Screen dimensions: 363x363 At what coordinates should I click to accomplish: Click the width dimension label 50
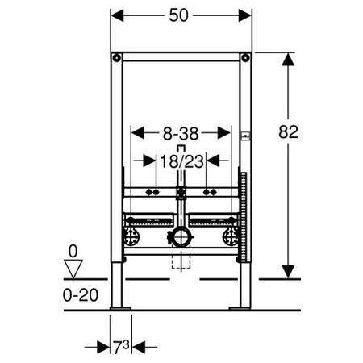pyautogui.click(x=178, y=15)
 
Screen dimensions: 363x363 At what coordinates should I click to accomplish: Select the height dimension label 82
pyautogui.click(x=288, y=131)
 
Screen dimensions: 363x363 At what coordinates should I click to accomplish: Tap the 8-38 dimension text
pyautogui.click(x=181, y=134)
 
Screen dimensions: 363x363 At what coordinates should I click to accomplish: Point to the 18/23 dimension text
pyautogui.click(x=181, y=161)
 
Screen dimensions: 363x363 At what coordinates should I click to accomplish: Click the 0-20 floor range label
pyautogui.click(x=81, y=295)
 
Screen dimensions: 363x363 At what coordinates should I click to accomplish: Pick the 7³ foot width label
pyautogui.click(x=121, y=347)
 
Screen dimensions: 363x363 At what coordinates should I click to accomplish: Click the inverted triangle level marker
pyautogui.click(x=73, y=269)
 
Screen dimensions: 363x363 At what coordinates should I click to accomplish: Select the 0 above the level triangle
pyautogui.click(x=73, y=252)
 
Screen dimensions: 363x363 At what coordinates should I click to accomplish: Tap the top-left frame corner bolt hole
pyautogui.click(x=117, y=58)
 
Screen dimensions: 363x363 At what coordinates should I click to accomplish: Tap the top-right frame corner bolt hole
pyautogui.click(x=245, y=58)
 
